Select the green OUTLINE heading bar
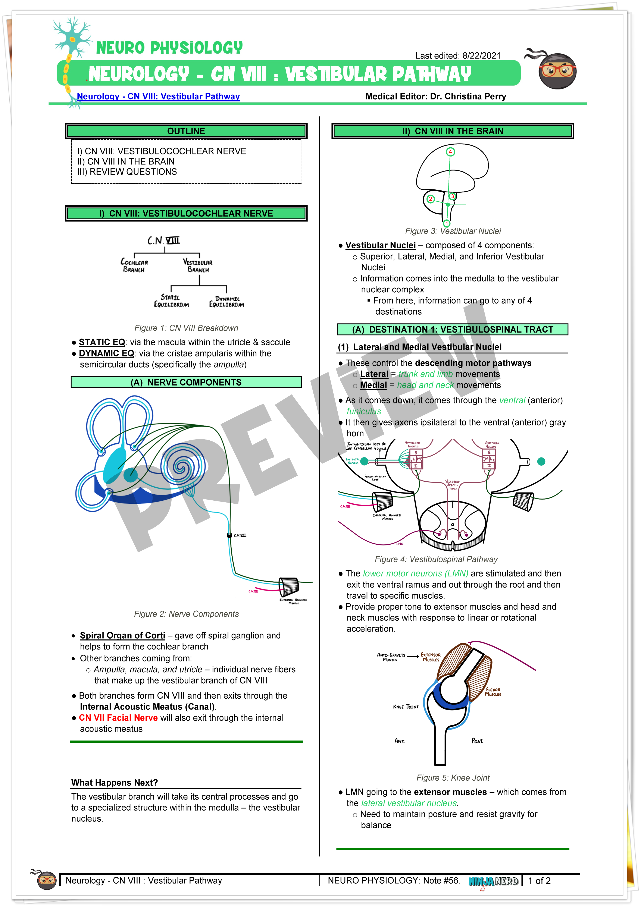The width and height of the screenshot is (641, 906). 186,131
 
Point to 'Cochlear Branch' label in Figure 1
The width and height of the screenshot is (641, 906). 134,265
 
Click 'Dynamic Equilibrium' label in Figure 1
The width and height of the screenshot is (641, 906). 226,302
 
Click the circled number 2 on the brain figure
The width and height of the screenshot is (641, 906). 431,199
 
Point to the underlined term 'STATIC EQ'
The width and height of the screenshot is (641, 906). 102,342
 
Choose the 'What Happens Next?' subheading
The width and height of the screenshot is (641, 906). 115,783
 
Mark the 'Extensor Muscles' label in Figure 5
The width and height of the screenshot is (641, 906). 431,657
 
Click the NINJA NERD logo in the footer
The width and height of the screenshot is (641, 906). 493,881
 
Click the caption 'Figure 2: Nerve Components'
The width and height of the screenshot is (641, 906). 186,614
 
